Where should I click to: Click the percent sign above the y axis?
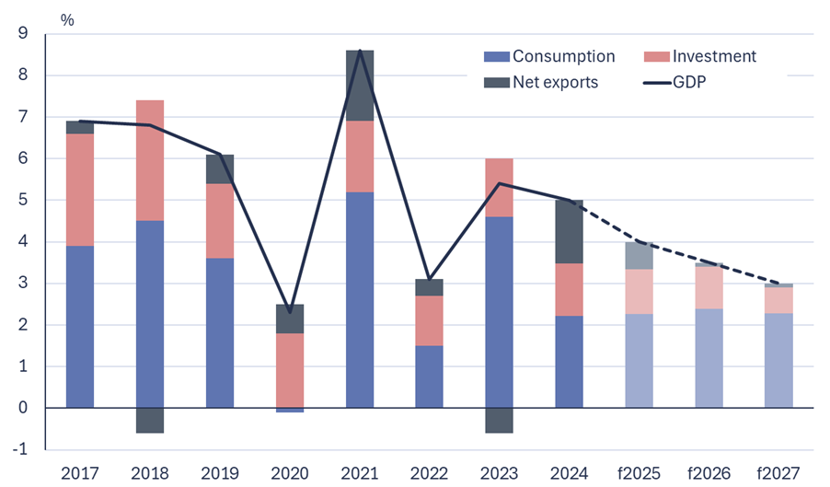67,19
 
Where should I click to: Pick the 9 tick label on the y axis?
23,34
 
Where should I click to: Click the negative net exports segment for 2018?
149,420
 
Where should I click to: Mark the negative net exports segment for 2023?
498,420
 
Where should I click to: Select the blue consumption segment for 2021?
359,299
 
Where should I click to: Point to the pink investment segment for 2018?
149,160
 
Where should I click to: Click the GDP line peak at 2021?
359,51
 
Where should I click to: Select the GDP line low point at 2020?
289,312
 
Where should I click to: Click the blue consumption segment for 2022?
429,377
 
